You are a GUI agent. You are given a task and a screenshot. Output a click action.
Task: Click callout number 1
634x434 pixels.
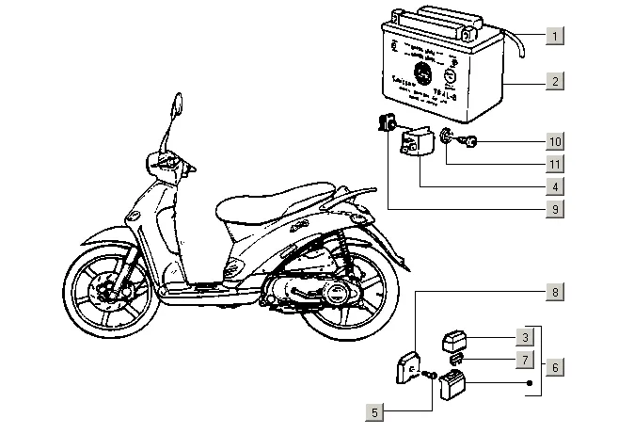[x=556, y=37]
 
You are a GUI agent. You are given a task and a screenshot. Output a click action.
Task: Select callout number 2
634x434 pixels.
[x=556, y=82]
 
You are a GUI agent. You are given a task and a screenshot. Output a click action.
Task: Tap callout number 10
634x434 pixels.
[x=556, y=142]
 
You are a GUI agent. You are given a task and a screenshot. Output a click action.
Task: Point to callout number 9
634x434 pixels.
[x=556, y=209]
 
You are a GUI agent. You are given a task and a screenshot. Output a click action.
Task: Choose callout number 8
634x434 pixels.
[x=556, y=293]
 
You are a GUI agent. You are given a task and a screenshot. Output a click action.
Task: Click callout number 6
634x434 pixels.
[x=556, y=367]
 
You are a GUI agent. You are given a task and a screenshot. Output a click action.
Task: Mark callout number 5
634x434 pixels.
[x=375, y=411]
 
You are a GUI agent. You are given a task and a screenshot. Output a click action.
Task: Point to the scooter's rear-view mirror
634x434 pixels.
[x=174, y=105]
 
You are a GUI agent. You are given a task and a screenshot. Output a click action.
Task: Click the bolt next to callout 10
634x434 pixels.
[x=470, y=142]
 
